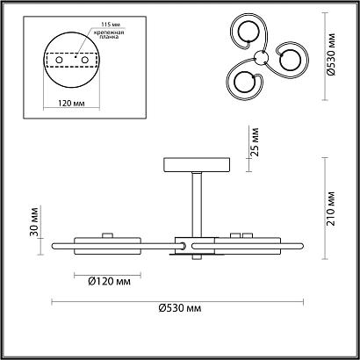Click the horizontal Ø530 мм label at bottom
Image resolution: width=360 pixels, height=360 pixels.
(181, 309)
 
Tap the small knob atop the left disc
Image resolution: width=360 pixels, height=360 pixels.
(109, 234)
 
